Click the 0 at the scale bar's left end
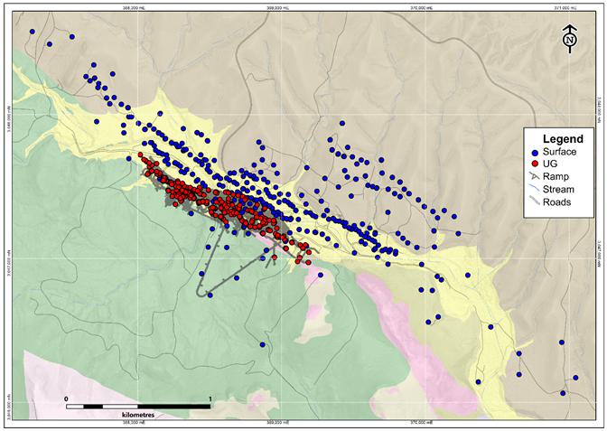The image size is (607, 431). coord(66,398)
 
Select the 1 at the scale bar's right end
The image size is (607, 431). coord(210,398)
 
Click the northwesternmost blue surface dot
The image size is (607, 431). coord(33,32)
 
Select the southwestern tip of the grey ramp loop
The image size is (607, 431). coord(201,292)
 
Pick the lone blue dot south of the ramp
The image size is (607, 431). coord(262,344)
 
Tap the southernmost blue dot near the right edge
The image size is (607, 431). coord(563,392)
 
